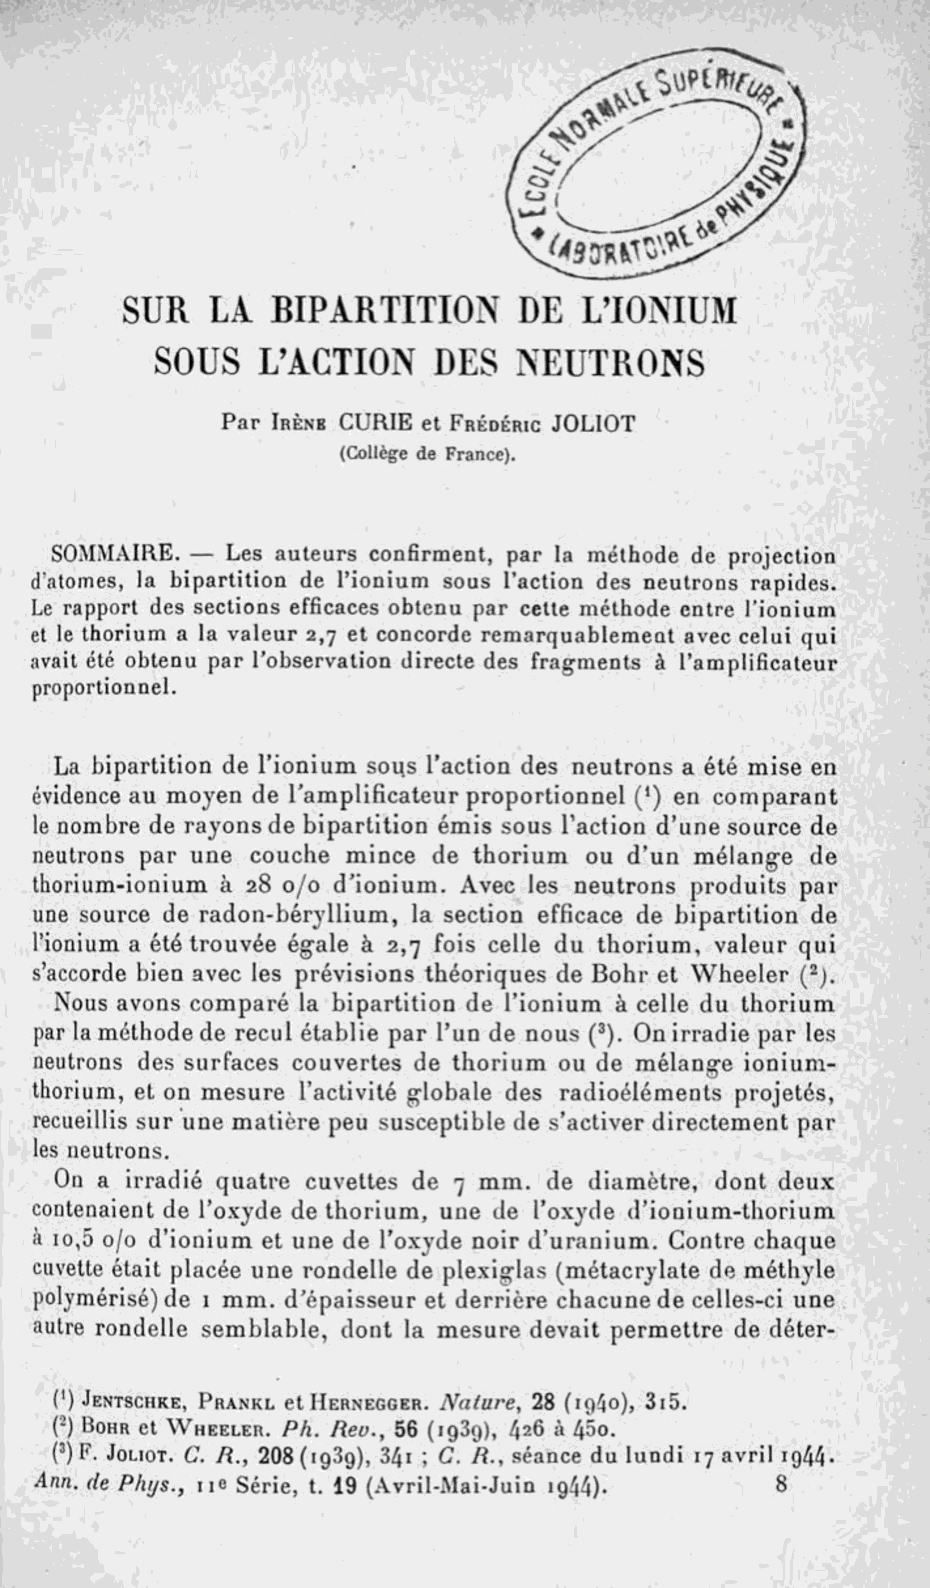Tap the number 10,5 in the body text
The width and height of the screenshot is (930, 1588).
coord(74,1241)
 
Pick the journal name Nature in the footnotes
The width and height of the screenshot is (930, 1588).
coord(478,1401)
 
